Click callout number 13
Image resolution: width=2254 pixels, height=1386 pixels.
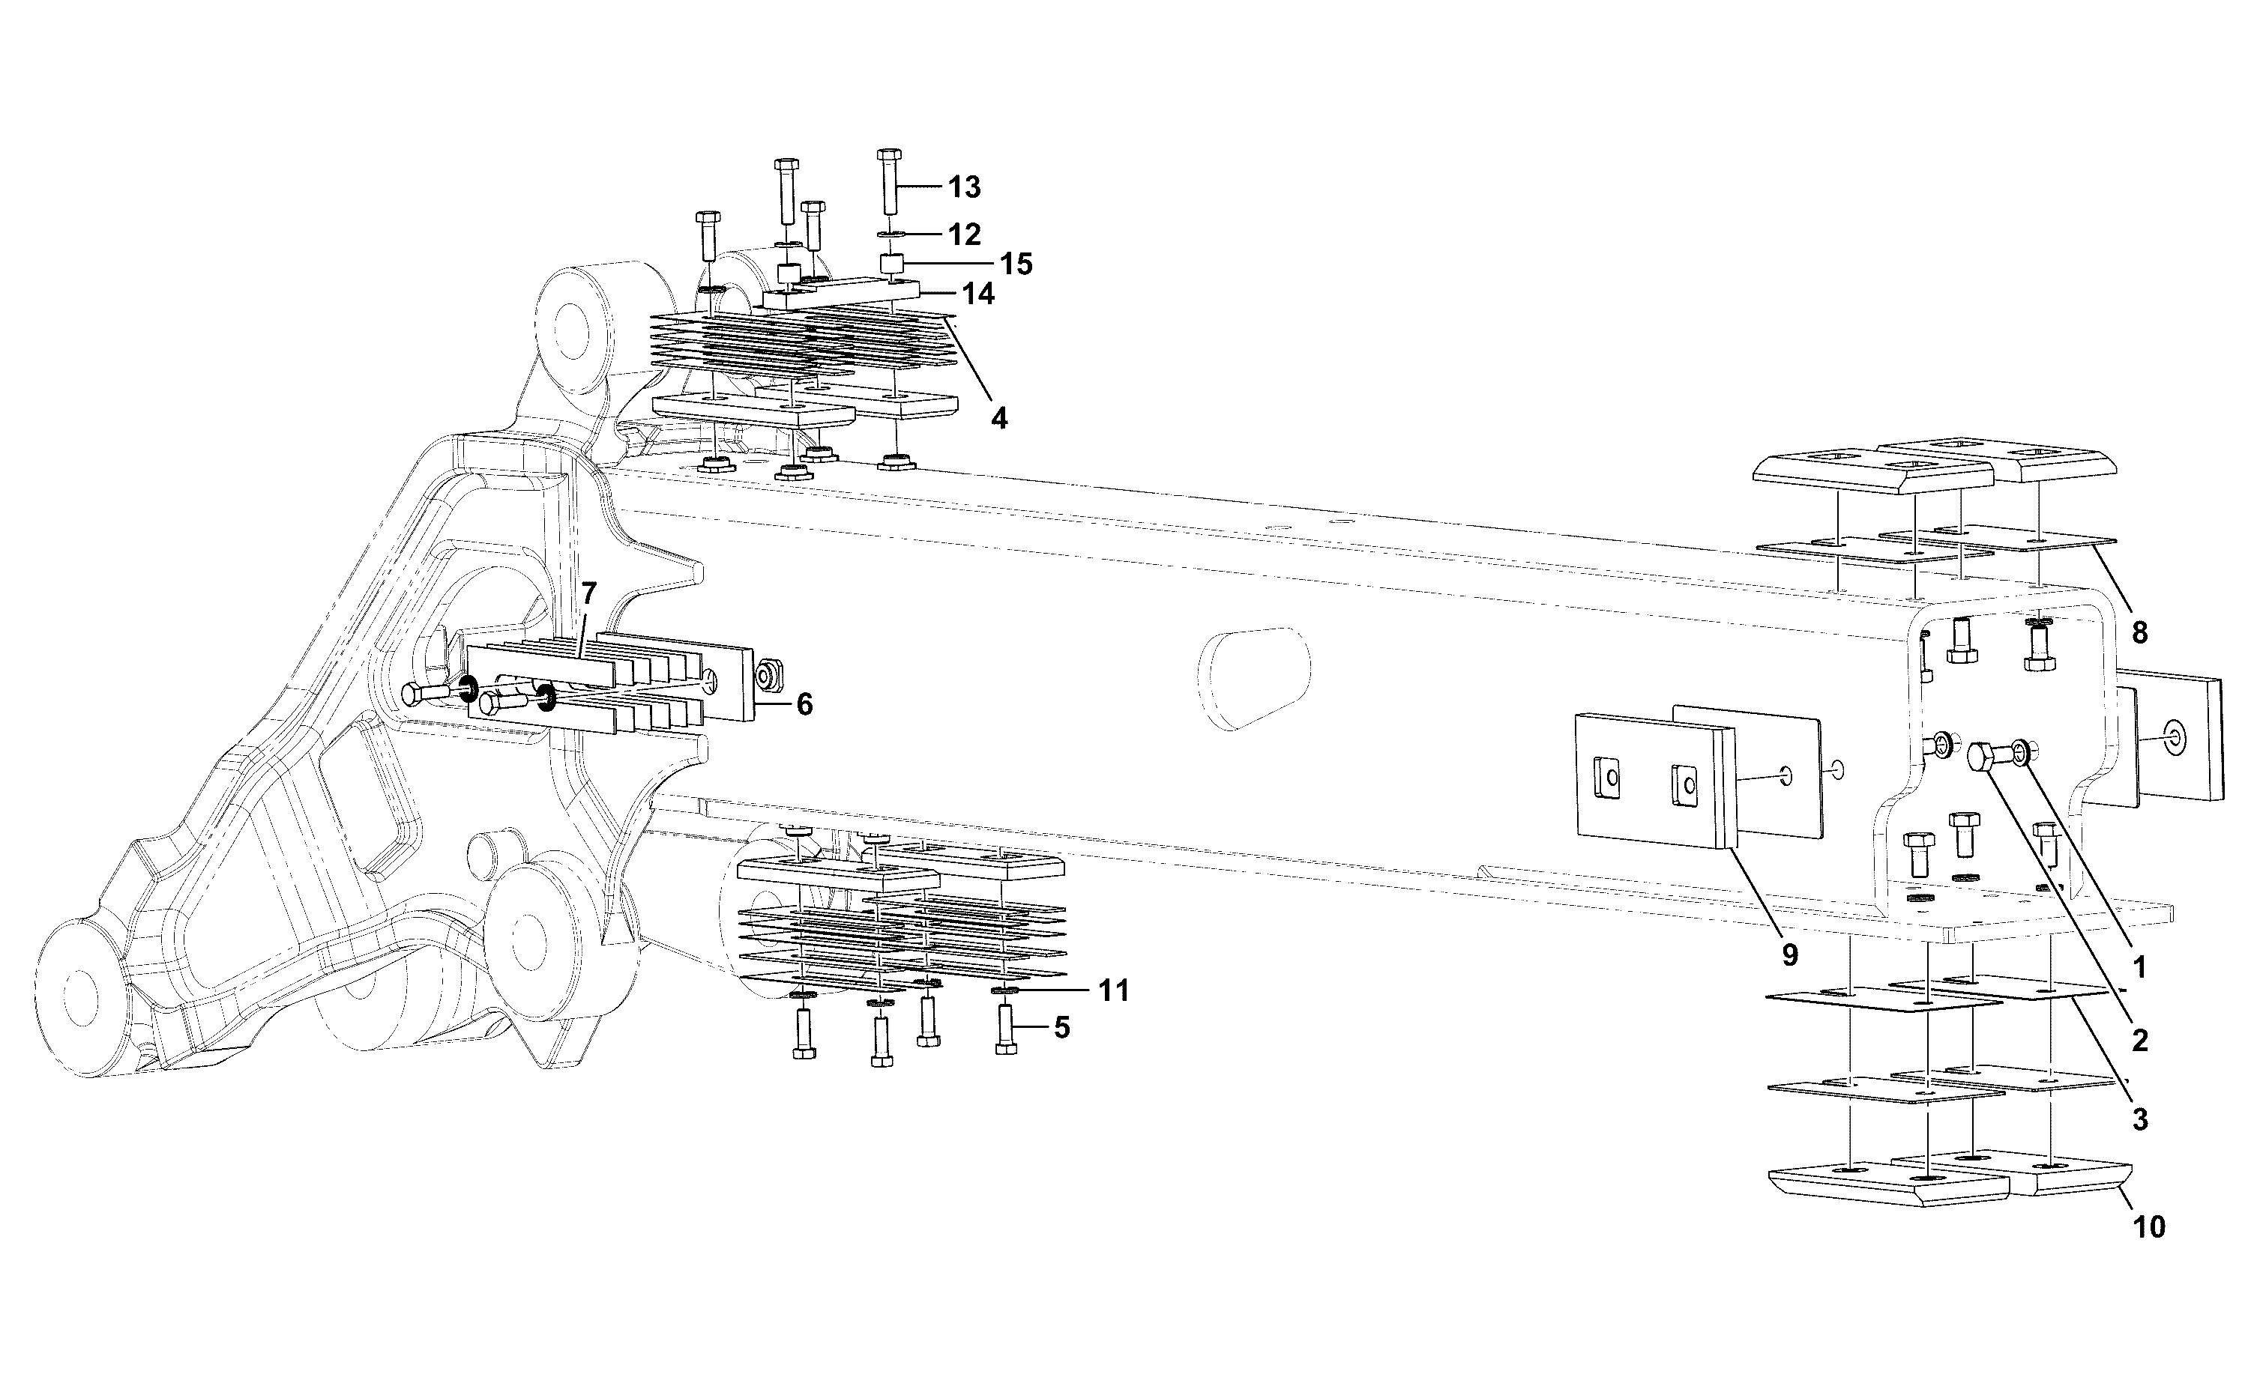pyautogui.click(x=965, y=187)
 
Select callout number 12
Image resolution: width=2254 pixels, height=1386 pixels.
pyautogui.click(x=965, y=234)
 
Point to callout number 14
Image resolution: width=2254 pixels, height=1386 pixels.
pyautogui.click(x=977, y=294)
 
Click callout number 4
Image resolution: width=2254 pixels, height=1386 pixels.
pyautogui.click(x=999, y=418)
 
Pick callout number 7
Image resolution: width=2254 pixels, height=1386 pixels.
pyautogui.click(x=588, y=593)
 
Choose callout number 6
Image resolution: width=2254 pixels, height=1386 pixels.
pyautogui.click(x=804, y=704)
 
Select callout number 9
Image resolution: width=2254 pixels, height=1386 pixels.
pyautogui.click(x=1790, y=954)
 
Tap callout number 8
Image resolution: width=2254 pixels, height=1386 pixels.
pyautogui.click(x=2139, y=632)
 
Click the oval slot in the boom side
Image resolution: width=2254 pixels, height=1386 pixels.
pyautogui.click(x=1253, y=677)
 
